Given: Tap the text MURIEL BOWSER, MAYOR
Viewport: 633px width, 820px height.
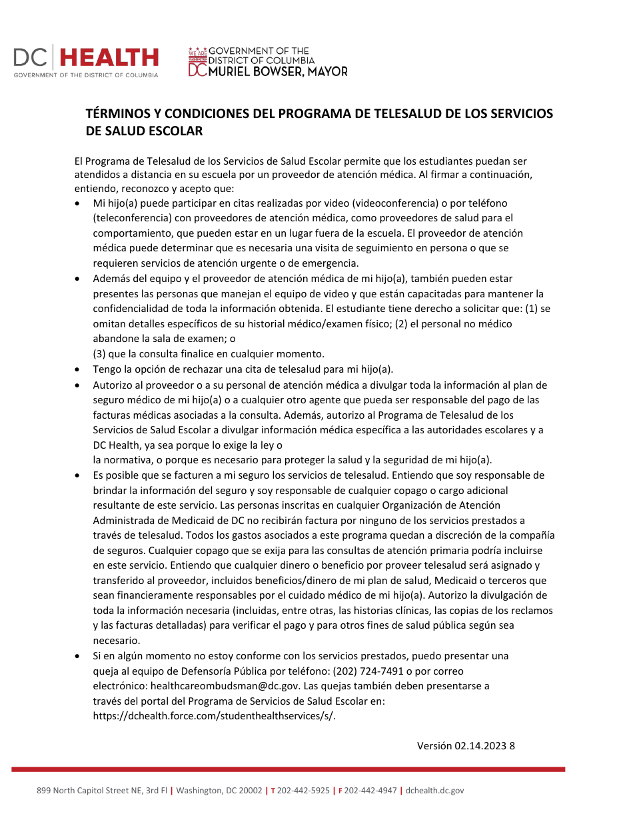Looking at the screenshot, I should point(278,71).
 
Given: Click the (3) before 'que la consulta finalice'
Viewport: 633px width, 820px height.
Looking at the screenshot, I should point(100,353).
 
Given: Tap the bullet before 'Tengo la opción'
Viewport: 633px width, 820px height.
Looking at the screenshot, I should point(79,369).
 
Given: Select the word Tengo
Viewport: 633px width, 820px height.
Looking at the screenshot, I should point(107,369).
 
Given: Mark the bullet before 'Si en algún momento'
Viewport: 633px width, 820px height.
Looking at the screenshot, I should point(79,656).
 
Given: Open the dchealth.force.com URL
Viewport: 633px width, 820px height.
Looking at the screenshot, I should point(214,716).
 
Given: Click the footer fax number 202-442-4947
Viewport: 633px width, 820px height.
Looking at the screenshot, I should point(370,791).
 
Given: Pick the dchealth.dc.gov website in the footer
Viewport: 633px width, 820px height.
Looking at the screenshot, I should point(434,791).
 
